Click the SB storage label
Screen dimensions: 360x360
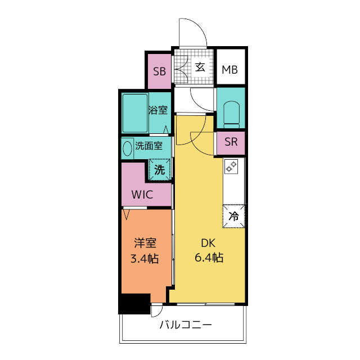point(160,71)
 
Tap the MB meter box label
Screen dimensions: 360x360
point(229,70)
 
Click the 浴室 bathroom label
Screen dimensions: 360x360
point(158,110)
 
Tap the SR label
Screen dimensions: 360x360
point(231,142)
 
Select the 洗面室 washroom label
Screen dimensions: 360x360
point(149,146)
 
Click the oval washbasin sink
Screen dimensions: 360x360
point(127,147)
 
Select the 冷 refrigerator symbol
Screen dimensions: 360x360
point(234,215)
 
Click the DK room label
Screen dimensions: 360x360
point(209,244)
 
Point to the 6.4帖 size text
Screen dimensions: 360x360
point(209,258)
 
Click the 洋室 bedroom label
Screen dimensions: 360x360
point(145,244)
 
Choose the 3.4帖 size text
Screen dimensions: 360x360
point(145,258)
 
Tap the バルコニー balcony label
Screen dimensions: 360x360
point(186,325)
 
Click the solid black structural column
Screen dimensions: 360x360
point(134,304)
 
